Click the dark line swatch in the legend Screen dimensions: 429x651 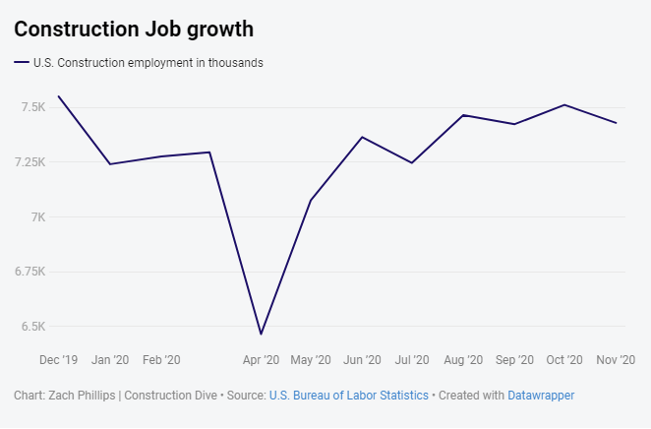pos(22,63)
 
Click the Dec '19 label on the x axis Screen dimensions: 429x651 pos(58,360)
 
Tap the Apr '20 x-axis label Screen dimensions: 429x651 pos(261,360)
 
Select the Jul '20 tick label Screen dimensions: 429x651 pos(411,360)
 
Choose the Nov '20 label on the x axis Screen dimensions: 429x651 pos(616,360)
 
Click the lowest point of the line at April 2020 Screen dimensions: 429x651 pos(261,335)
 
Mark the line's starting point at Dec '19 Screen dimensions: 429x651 pos(59,96)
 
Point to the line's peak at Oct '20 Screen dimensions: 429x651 pos(564,104)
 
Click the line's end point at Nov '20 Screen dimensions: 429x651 pos(617,123)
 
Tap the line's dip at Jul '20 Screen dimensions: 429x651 pos(412,162)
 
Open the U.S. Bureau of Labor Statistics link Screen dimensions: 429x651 pos(348,395)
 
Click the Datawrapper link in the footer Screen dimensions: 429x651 pos(541,395)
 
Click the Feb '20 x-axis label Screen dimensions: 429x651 pos(160,360)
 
